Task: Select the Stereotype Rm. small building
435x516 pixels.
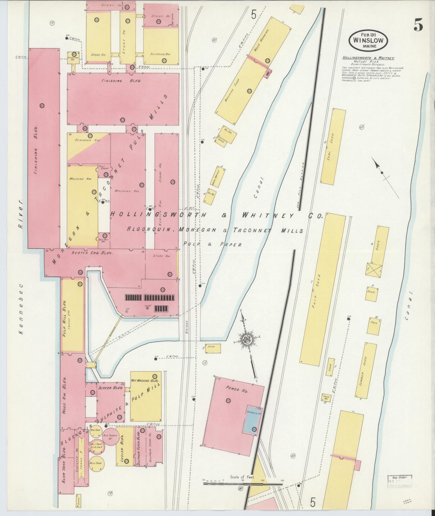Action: coord(73,58)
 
